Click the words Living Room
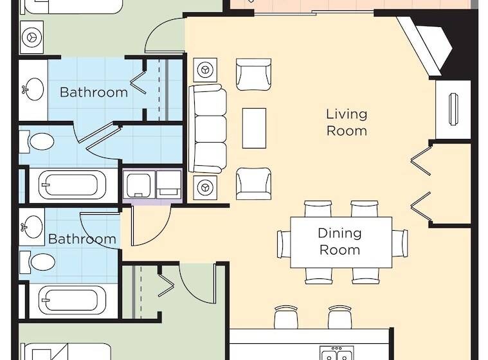347,122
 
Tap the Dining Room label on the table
340,241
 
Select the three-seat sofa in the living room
208,129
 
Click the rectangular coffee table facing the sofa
254,128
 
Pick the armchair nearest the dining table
253,183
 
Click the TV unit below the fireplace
453,109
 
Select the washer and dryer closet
152,184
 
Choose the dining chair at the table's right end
400,242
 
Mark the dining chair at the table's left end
284,243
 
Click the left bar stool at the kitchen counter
285,318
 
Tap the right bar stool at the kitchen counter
339,318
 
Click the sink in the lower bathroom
32,226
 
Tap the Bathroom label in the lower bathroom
82,239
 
